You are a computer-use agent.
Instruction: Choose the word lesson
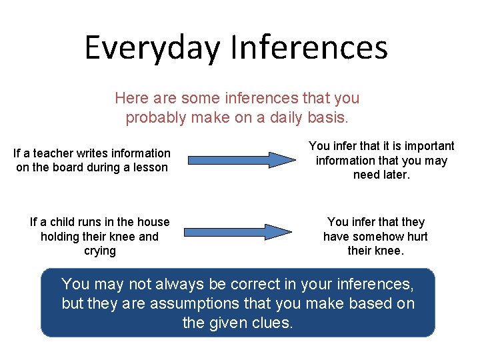[150, 167]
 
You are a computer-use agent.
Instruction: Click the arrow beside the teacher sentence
[240, 160]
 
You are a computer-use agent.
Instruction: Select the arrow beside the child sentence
[238, 231]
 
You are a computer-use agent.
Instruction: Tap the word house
[153, 222]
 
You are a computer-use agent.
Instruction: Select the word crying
[100, 251]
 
